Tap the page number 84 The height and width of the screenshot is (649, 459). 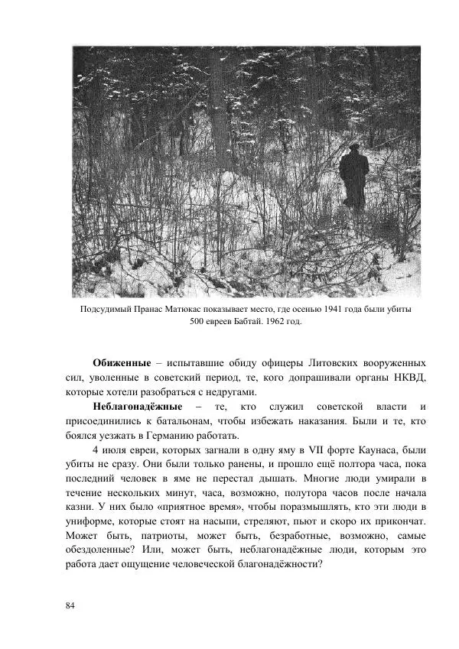(x=70, y=605)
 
